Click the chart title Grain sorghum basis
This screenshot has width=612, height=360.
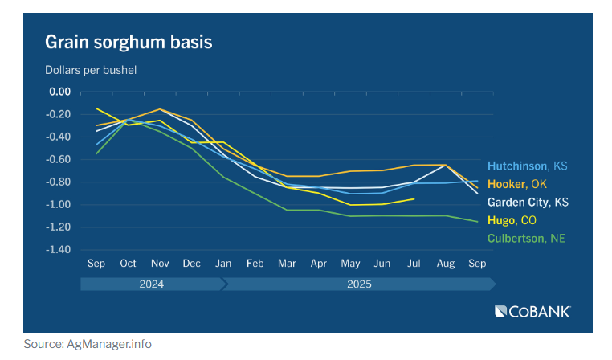tap(129, 42)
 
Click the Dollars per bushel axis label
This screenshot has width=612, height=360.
tap(90, 70)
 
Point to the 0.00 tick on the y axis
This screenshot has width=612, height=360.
tap(60, 92)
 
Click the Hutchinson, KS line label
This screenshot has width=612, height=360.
tap(528, 166)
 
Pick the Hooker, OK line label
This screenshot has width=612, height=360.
tap(516, 184)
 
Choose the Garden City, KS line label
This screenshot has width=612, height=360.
tap(528, 202)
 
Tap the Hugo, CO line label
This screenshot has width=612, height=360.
tap(512, 219)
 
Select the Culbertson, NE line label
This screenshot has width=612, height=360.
tap(525, 238)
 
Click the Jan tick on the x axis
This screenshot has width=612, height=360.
tap(223, 264)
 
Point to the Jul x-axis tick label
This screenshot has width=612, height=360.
tap(413, 264)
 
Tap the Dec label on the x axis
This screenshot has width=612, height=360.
tap(191, 264)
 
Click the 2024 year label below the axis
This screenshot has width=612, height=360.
tap(152, 284)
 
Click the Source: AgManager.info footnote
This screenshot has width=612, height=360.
tap(88, 344)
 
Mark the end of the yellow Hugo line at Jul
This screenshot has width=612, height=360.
tap(414, 198)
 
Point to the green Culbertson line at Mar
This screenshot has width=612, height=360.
tap(287, 210)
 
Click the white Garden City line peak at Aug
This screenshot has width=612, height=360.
tap(445, 165)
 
